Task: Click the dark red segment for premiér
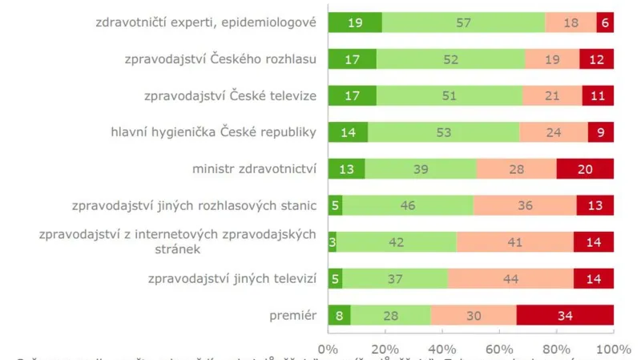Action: [565, 315]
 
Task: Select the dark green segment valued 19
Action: [355, 23]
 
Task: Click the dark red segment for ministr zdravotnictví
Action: [585, 169]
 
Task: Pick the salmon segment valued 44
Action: [510, 279]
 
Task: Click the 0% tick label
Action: [329, 350]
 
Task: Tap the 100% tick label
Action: [614, 350]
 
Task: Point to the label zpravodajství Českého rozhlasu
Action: [220, 59]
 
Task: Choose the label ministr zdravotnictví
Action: [255, 169]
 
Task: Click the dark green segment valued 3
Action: [332, 242]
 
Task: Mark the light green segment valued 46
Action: [408, 206]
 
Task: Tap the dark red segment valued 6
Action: [605, 23]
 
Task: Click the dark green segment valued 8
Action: [340, 315]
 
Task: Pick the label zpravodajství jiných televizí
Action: [233, 279]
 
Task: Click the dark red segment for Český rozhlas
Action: [596, 59]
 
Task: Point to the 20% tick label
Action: [385, 350]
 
